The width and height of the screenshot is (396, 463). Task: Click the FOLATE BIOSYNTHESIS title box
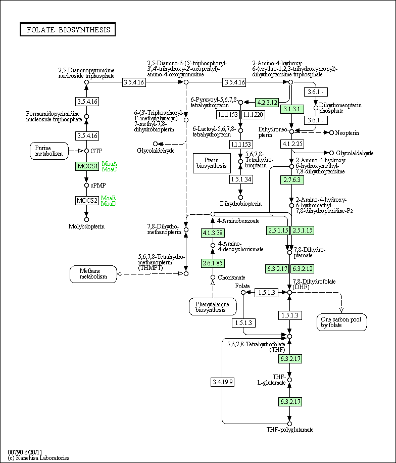(x=68, y=29)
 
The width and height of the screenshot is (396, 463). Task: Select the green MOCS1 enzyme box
(x=87, y=166)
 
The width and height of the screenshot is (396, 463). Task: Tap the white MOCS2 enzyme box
(x=87, y=201)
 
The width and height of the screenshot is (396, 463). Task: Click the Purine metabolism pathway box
(x=49, y=151)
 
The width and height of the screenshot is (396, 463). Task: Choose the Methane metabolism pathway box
(x=93, y=274)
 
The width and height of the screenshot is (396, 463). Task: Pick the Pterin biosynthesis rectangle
(x=212, y=163)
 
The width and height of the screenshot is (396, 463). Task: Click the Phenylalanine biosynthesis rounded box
(x=213, y=307)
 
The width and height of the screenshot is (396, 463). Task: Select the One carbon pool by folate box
(x=342, y=322)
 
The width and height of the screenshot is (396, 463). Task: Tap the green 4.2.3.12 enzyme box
(x=267, y=103)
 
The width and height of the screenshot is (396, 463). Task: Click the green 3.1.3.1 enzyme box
(x=292, y=109)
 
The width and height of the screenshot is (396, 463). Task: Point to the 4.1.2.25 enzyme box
(x=292, y=144)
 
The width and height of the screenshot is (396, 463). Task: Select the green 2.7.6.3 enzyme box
(x=292, y=180)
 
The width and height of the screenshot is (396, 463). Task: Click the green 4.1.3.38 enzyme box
(x=213, y=233)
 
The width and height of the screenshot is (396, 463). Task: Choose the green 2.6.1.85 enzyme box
(x=213, y=263)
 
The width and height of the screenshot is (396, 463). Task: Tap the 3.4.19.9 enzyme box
(x=222, y=382)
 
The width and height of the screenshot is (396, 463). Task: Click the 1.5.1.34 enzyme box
(x=241, y=179)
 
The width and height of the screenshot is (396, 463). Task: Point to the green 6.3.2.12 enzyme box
(x=302, y=269)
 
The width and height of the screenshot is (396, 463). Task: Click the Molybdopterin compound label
(x=86, y=226)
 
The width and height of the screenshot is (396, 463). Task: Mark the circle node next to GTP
(x=86, y=151)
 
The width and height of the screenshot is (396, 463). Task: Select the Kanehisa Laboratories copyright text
(x=39, y=458)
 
